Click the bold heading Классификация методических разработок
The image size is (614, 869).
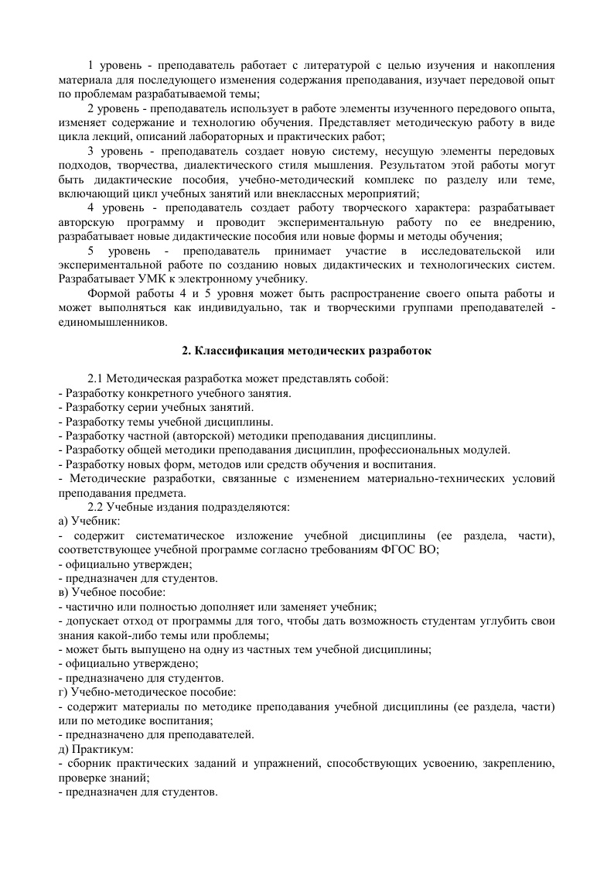point(307,351)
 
